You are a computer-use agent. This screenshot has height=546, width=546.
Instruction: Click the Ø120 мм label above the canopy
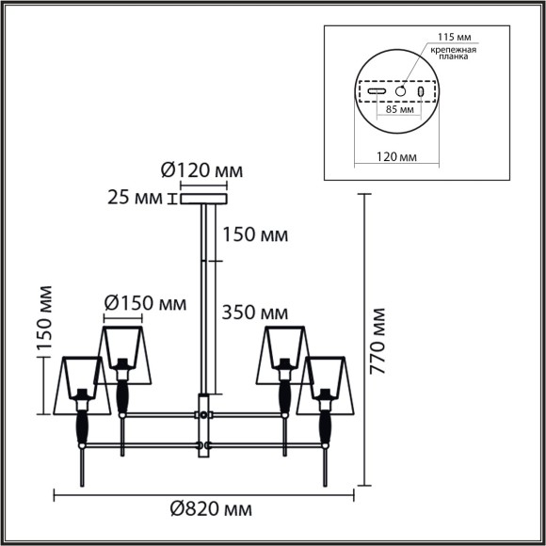click(x=201, y=170)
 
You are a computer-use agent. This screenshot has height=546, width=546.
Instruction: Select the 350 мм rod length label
click(x=255, y=312)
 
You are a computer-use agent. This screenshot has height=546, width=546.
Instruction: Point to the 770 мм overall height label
click(x=377, y=340)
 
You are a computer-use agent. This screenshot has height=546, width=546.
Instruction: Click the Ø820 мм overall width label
click(x=211, y=509)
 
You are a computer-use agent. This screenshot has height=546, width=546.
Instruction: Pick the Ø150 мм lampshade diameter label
click(x=145, y=303)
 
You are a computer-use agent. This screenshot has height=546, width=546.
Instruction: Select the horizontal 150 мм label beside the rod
click(x=254, y=233)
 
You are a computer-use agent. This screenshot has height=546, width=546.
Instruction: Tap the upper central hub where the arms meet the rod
click(x=202, y=413)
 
